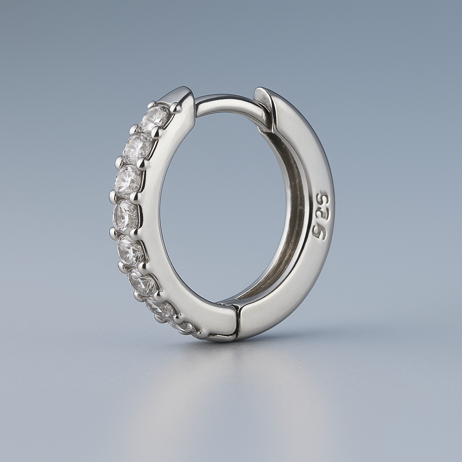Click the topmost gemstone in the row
click(x=155, y=118)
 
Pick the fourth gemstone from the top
click(x=125, y=216)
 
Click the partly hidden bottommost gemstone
click(x=186, y=327)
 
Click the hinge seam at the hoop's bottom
click(x=237, y=321)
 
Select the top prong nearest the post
click(x=176, y=107)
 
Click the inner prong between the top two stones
click(x=156, y=132)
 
